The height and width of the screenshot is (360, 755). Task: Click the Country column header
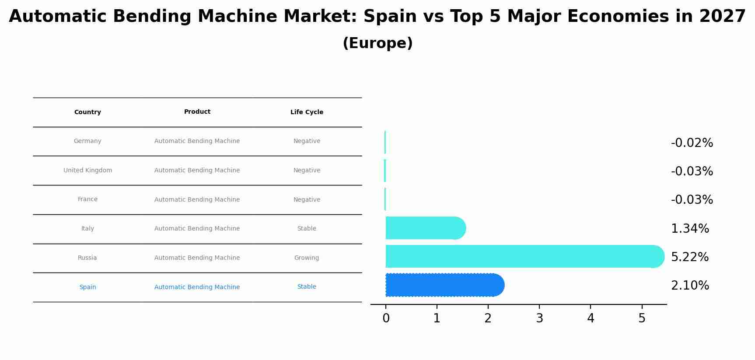(87, 112)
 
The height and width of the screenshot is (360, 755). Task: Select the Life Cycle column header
(307, 112)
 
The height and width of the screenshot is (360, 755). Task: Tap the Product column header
(197, 112)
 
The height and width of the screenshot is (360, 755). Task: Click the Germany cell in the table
(87, 141)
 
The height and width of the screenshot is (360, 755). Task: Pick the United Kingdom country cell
(87, 171)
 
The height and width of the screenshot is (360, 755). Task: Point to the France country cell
(87, 199)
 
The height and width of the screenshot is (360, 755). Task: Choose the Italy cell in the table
(87, 229)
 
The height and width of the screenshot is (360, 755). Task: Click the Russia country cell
(87, 258)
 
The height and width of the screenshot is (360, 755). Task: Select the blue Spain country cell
(87, 287)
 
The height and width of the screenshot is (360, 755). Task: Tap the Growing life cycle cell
(307, 258)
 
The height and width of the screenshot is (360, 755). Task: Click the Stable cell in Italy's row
(307, 229)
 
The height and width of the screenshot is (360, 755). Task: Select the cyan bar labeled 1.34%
(425, 228)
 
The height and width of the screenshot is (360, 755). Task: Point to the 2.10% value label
(690, 286)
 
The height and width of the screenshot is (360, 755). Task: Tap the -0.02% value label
(692, 143)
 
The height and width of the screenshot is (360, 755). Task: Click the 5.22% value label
(690, 257)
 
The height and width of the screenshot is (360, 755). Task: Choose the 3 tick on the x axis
(539, 318)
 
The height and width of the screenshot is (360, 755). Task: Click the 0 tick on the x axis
(386, 318)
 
